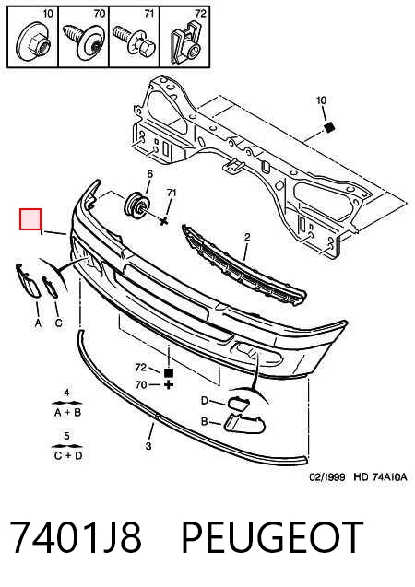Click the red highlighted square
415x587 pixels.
coord(30,219)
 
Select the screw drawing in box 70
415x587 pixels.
coord(84,41)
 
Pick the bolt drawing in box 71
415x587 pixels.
coord(134,41)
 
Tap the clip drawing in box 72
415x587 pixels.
coord(185,42)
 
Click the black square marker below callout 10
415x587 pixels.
coord(329,127)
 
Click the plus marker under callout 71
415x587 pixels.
coord(163,221)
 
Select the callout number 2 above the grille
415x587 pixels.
coord(247,237)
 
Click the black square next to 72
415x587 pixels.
coord(169,372)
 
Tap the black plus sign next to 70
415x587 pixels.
coord(169,384)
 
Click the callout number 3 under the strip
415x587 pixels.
coord(148,446)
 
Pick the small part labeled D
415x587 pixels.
coord(238,403)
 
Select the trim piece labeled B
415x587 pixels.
coord(243,423)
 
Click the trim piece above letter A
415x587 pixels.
coord(28,281)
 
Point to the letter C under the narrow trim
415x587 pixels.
coord(59,323)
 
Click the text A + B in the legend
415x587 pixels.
coord(68,413)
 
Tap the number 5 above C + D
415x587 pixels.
coord(66,436)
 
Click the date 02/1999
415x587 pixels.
coord(327,477)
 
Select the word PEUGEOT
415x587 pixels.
coord(272,537)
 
